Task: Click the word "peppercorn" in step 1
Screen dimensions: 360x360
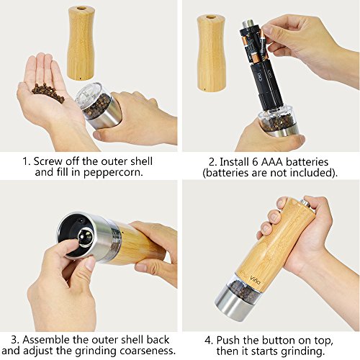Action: pos(113,173)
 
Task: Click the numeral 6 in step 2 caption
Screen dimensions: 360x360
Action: pos(255,162)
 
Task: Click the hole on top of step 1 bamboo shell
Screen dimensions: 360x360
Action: pos(81,9)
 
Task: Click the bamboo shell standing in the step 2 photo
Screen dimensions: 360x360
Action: pos(212,53)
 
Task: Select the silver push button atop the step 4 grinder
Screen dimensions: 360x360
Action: pos(307,202)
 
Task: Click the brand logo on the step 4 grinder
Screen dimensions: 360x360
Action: pos(255,279)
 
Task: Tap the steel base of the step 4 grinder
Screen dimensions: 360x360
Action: pos(234,303)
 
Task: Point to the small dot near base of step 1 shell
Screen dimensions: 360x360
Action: pos(80,78)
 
